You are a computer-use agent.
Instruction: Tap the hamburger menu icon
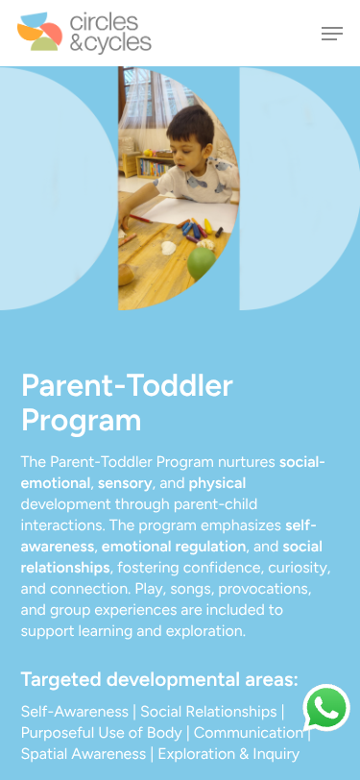331,34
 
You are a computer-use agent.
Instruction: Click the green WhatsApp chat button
326,707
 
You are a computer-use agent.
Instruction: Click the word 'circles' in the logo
104,22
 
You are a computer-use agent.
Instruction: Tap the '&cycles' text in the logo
110,43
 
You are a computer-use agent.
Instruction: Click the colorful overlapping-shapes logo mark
39,32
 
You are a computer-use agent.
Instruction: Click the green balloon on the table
201,263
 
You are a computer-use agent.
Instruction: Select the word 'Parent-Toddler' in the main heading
127,385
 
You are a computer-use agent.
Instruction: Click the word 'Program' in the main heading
81,421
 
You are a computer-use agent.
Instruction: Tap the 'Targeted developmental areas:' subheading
159,679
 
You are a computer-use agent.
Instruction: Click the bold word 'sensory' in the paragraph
125,483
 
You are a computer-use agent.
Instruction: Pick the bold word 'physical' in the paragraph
217,483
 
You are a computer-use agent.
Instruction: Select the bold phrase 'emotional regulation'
174,547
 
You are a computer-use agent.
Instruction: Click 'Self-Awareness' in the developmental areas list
75,712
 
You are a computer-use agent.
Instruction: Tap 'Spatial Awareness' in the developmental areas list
83,754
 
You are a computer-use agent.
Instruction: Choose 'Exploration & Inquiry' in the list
228,754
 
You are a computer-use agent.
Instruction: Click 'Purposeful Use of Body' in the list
102,733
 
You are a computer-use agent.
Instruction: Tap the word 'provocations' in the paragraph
265,589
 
